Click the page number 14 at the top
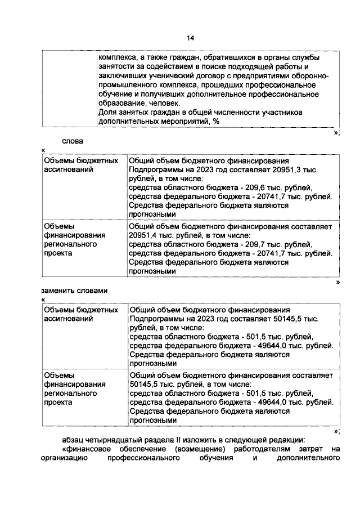click(x=190, y=38)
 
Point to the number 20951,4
click(x=144, y=235)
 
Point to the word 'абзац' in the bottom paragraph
click(x=73, y=440)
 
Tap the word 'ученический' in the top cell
click(x=163, y=76)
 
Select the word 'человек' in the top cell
click(x=165, y=104)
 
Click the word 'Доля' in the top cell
click(x=107, y=113)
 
